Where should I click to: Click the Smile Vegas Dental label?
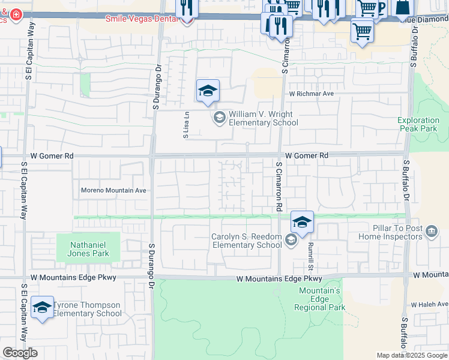point(142,19)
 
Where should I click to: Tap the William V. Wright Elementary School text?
point(264,118)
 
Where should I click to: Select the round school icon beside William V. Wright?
point(220,117)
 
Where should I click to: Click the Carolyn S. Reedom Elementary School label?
point(246,241)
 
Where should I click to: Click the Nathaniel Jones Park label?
point(88,249)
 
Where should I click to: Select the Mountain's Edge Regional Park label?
point(320,299)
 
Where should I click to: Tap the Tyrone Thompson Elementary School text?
point(88,309)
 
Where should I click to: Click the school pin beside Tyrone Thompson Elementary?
point(42,308)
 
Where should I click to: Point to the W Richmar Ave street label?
point(311,94)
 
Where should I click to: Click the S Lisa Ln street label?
point(187,125)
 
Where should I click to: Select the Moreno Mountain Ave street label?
point(113,191)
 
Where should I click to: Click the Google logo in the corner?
point(20,353)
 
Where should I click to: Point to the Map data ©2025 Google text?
point(412,355)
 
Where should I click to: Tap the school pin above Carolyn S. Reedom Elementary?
point(303,221)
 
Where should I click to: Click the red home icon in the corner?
point(16,14)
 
